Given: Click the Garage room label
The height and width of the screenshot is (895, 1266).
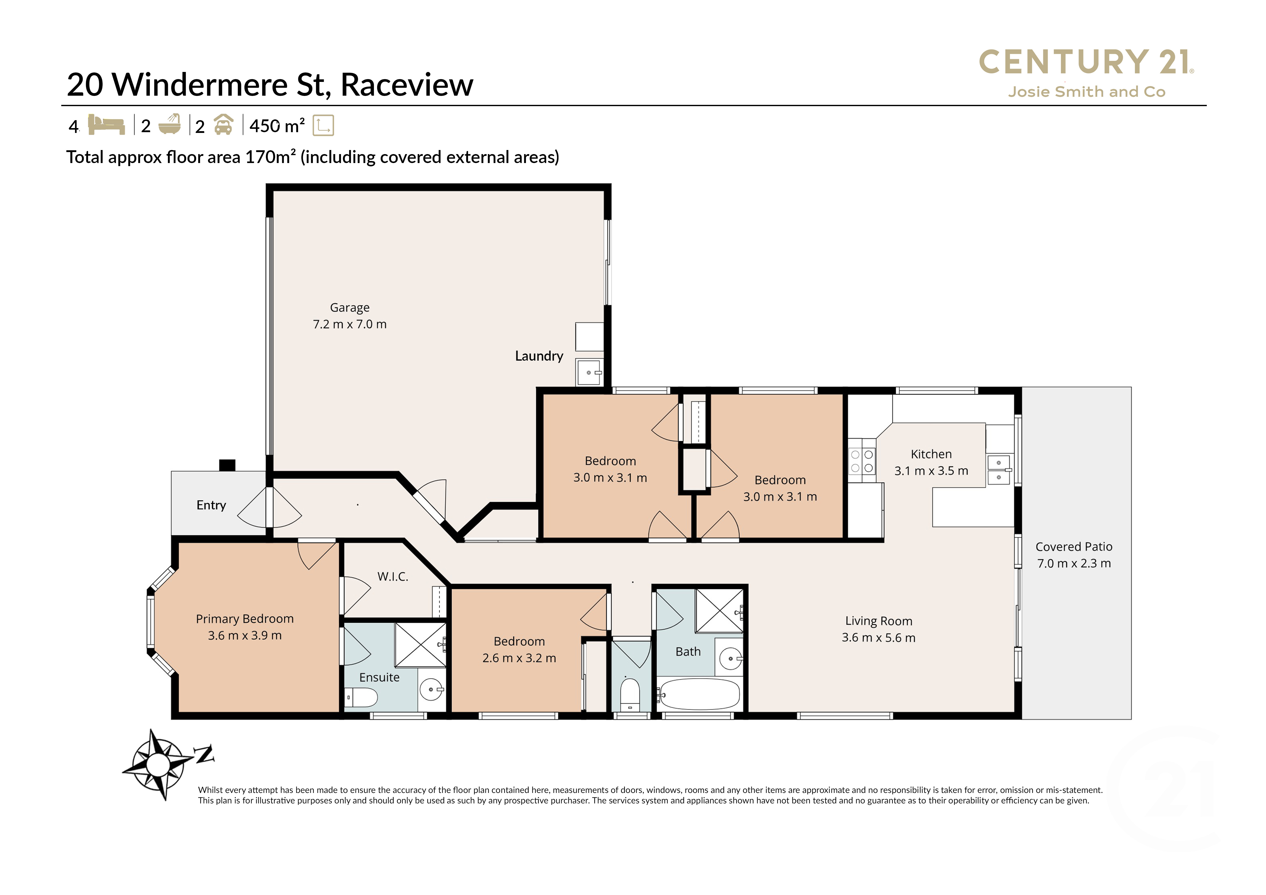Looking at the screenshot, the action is click(x=350, y=307).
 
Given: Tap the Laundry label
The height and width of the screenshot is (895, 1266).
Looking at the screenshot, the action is click(x=539, y=356).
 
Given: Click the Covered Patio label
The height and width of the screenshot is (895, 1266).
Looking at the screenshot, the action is click(x=1074, y=547).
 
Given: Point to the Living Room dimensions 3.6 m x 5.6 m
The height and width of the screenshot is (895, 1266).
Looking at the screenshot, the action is click(x=878, y=638).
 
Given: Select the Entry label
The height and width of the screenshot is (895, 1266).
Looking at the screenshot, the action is click(x=211, y=505).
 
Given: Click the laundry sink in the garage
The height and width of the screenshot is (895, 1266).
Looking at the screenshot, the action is click(x=589, y=372).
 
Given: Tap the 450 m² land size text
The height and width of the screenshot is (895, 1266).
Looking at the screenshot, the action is click(x=277, y=126).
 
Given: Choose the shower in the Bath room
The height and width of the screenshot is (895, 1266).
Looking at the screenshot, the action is click(x=719, y=611).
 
